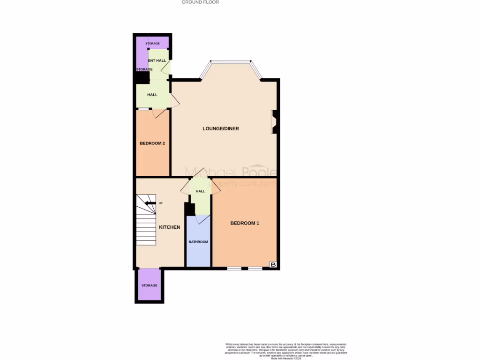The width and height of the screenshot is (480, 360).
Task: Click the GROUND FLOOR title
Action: point(200,2)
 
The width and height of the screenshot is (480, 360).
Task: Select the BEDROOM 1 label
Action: point(245,223)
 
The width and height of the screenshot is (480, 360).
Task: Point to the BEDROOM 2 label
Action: point(152,143)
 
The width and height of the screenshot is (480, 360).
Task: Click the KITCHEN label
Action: point(170,227)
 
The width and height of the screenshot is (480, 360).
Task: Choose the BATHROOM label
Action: point(198,242)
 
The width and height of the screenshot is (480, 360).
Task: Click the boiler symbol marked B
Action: point(273,265)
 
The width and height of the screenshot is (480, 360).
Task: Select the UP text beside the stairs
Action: point(161,203)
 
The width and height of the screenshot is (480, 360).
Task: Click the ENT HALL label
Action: point(157,60)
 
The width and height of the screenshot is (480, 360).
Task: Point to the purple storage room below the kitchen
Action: point(150,285)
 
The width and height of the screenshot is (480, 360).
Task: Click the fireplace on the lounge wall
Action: point(275,122)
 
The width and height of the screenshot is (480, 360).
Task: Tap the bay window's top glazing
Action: point(230,61)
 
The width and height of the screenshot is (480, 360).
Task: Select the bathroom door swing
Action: point(202,219)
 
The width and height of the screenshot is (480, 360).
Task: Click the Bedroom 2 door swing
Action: point(158,113)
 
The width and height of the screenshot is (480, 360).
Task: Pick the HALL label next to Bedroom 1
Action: point(201,191)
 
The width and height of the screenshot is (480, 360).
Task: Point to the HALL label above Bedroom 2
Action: point(152,95)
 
